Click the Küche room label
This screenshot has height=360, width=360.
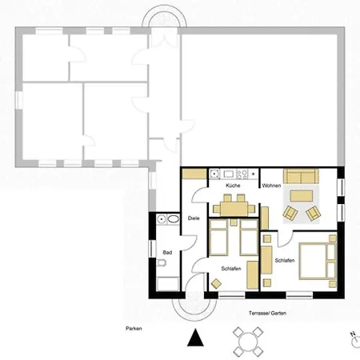click(x=233, y=186)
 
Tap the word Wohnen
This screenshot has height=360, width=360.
click(x=271, y=186)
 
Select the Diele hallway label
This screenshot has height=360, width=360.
click(x=194, y=218)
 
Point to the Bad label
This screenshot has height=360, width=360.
click(x=167, y=252)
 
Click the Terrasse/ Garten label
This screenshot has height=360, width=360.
click(x=267, y=313)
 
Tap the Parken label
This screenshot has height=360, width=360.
click(x=134, y=329)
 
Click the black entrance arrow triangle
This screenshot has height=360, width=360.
click(x=195, y=338)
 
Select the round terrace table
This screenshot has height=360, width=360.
click(x=248, y=342)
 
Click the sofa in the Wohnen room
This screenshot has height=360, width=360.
click(x=301, y=176)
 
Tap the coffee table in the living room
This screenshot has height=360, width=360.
click(x=302, y=196)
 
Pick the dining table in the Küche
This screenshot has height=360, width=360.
click(x=234, y=209)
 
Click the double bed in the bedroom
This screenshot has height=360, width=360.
click(x=318, y=261)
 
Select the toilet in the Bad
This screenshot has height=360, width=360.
click(x=162, y=262)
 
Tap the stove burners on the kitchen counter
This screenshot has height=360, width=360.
click(x=242, y=174)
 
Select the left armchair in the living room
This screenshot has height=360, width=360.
click(x=290, y=213)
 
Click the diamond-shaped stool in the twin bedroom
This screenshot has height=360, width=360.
click(x=216, y=283)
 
